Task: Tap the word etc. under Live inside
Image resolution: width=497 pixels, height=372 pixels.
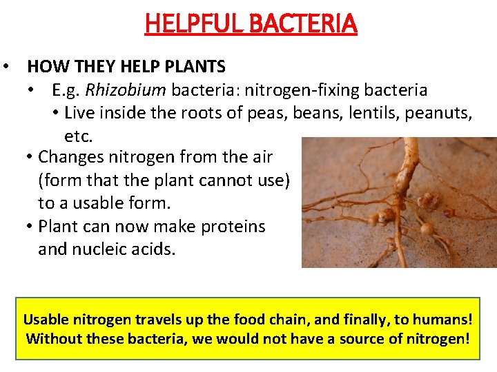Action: tap(78, 135)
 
